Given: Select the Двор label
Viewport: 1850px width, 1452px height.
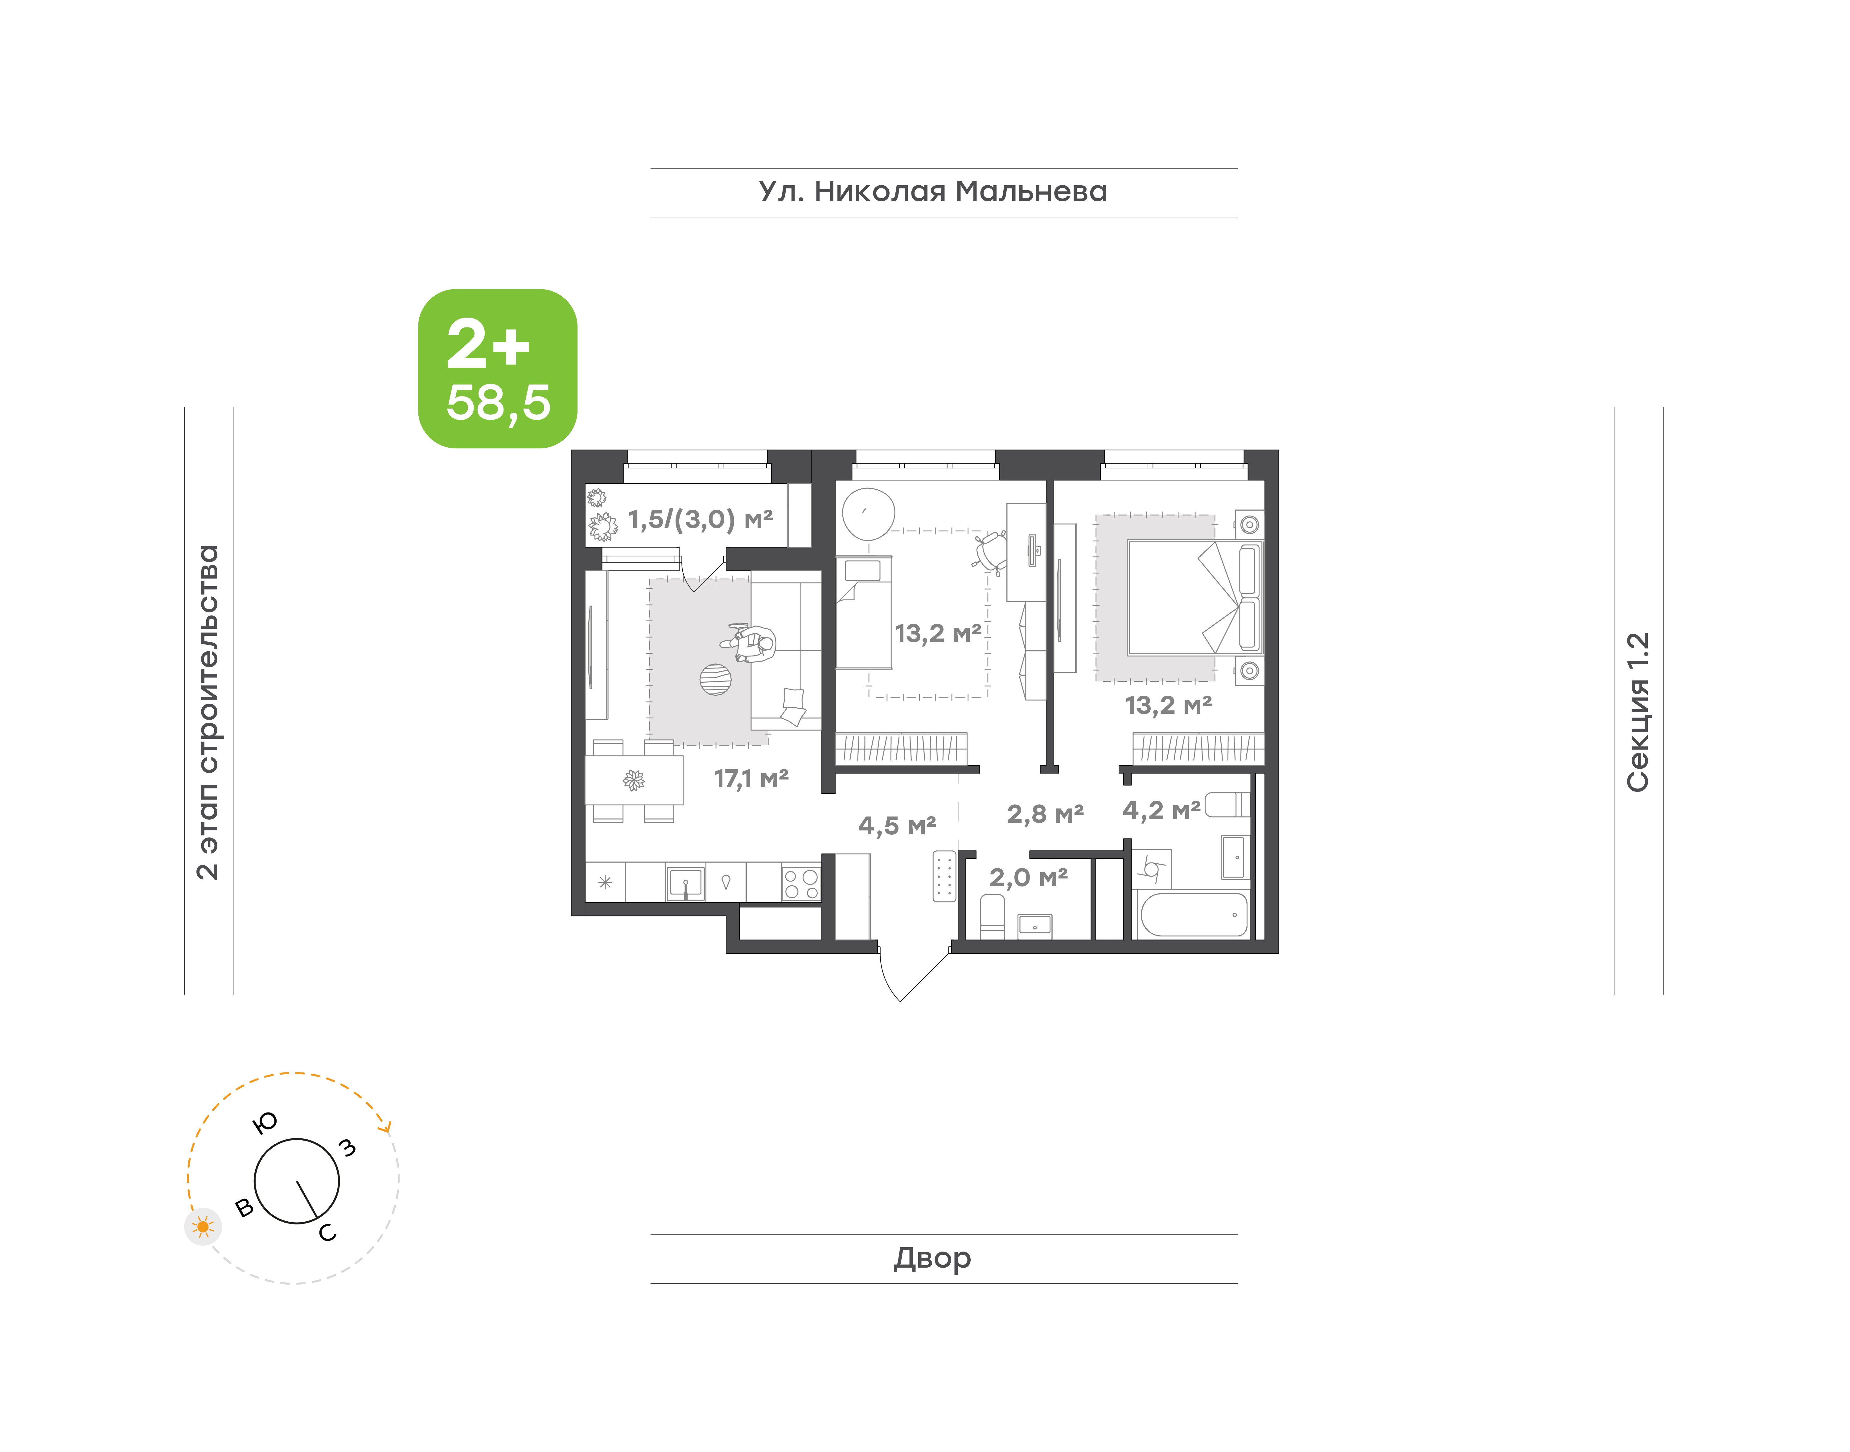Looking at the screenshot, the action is tap(933, 1258).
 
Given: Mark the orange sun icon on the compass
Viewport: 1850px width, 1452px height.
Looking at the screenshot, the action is tap(202, 1227).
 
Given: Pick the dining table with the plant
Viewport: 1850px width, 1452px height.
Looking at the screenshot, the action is tap(633, 780).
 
